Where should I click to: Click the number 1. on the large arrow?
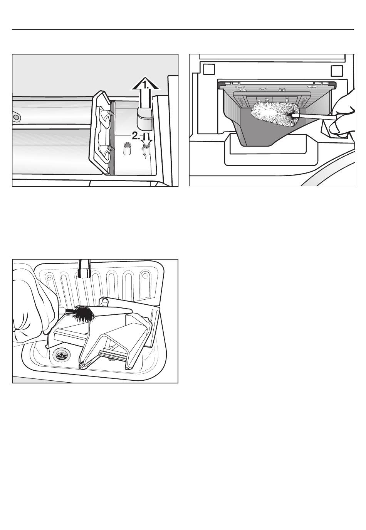[146, 84]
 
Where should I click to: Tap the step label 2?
[136, 136]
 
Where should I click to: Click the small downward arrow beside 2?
[147, 140]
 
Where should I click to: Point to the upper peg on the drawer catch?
[110, 113]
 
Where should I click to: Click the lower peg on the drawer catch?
[109, 148]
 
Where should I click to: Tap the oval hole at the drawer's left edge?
[16, 117]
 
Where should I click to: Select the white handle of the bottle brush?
[314, 116]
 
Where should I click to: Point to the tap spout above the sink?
[84, 268]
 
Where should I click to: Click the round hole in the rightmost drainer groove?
[145, 276]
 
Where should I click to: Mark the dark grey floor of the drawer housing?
[267, 133]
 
